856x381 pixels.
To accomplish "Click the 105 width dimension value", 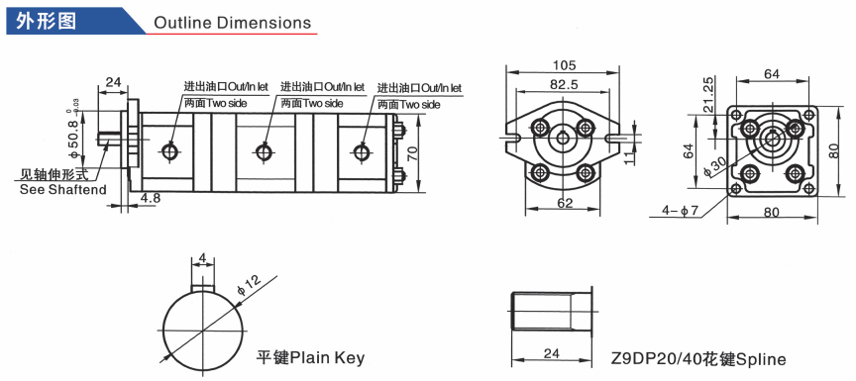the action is click(x=564, y=65).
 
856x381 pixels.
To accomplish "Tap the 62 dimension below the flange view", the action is click(x=565, y=203).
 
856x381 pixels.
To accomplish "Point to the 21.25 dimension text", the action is click(x=708, y=94).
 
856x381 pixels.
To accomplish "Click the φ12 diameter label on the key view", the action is click(x=250, y=285).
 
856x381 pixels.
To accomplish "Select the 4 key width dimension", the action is click(x=203, y=258).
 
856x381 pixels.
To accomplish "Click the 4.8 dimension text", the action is click(x=151, y=198).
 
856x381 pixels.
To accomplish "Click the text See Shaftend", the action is click(x=62, y=190).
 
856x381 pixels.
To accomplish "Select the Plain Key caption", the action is click(x=310, y=358).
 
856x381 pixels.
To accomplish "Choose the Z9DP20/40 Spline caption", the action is click(x=698, y=359).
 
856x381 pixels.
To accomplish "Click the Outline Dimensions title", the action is click(x=232, y=23).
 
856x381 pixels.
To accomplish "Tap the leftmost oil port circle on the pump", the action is click(x=169, y=151).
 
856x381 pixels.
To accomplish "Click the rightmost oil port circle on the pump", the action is click(x=361, y=152).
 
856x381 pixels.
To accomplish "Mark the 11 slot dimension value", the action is click(x=628, y=158).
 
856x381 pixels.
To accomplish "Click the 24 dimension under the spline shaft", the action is click(x=552, y=353).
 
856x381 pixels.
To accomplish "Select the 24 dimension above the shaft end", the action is click(x=113, y=82).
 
